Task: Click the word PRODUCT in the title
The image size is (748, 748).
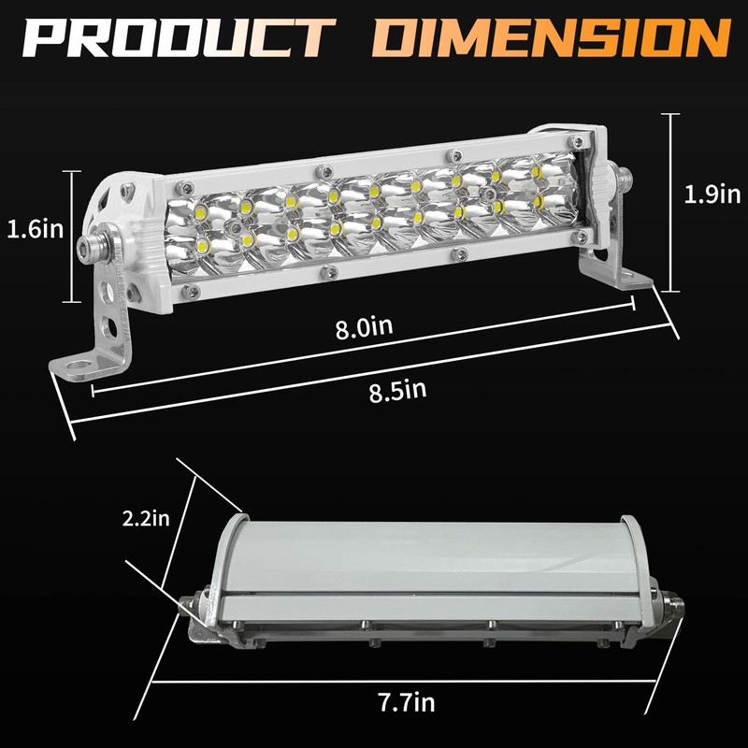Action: tap(178, 38)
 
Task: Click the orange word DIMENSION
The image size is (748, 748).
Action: tap(552, 38)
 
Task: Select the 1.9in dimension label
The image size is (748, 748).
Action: tap(712, 194)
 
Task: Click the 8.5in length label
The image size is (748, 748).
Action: tap(397, 390)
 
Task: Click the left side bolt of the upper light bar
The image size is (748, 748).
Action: tap(93, 245)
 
